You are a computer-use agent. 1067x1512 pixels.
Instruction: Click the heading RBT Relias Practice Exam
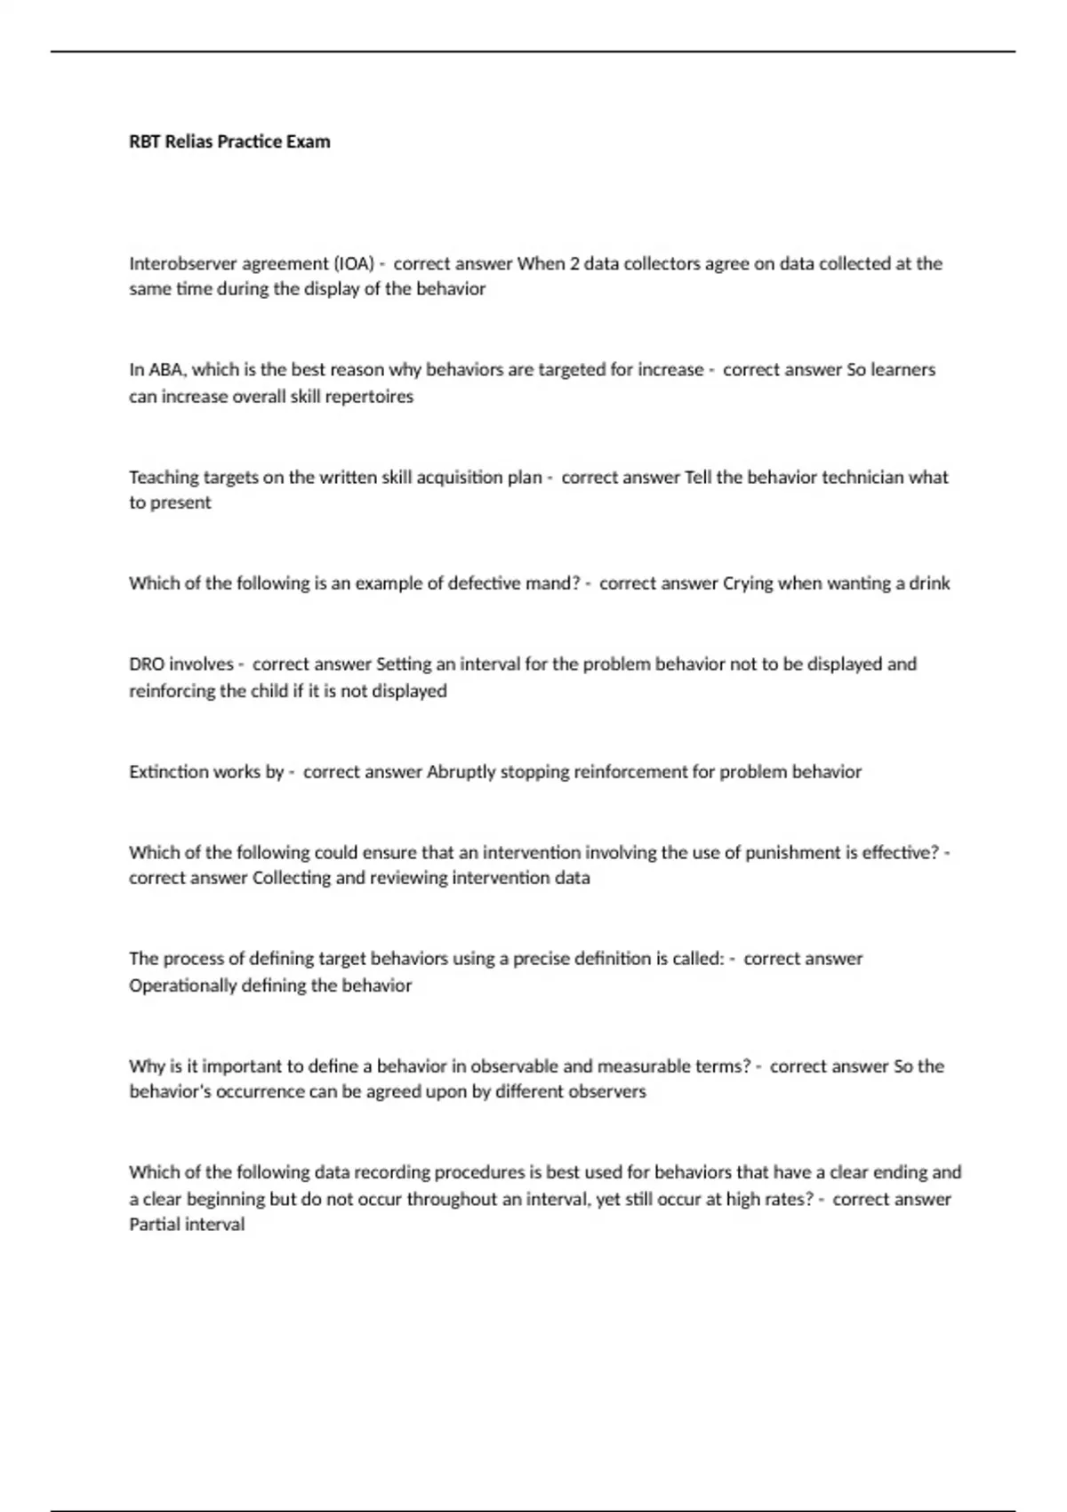[229, 141]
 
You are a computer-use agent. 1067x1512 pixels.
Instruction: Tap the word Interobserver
[183, 263]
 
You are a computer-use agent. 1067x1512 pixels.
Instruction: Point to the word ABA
[165, 370]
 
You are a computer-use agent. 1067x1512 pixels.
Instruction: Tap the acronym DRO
[147, 664]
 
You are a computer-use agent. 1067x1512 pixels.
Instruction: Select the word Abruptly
[461, 772]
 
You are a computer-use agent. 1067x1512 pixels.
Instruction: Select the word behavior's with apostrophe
[168, 1091]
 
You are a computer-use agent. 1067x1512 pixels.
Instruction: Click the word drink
[929, 583]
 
